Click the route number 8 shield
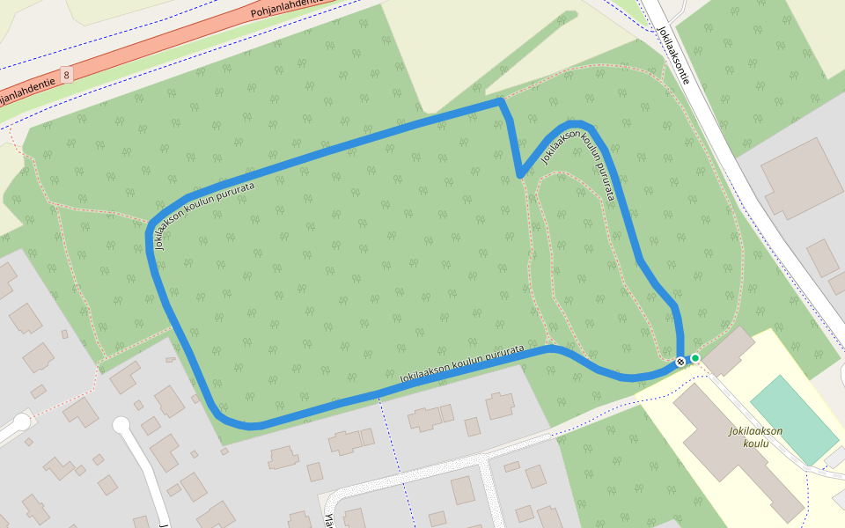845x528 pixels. (67, 75)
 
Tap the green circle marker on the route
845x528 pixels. (695, 358)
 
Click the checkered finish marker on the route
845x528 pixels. (680, 362)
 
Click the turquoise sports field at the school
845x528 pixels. (793, 418)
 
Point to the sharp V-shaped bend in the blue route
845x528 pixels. (521, 174)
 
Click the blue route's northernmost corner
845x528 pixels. (500, 102)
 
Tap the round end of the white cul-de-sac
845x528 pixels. (121, 426)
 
